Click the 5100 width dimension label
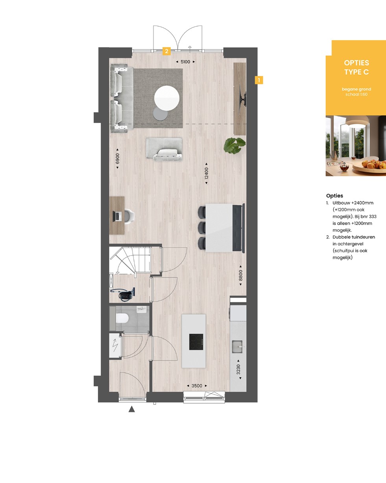point(185,62)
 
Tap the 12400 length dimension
point(207,173)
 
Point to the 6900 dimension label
point(117,158)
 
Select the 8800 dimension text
point(241,275)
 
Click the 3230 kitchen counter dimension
point(238,369)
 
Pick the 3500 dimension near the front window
point(197,386)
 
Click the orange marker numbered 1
point(259,80)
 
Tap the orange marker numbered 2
point(166,51)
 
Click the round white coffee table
point(167,98)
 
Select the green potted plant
point(235,146)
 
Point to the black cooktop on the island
point(196,342)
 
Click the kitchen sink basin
point(237,347)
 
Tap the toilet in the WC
point(122,318)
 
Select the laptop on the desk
point(117,216)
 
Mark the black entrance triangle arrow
point(132,410)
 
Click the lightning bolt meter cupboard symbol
point(115,345)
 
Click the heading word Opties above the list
point(334,196)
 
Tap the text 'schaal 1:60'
point(356,94)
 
